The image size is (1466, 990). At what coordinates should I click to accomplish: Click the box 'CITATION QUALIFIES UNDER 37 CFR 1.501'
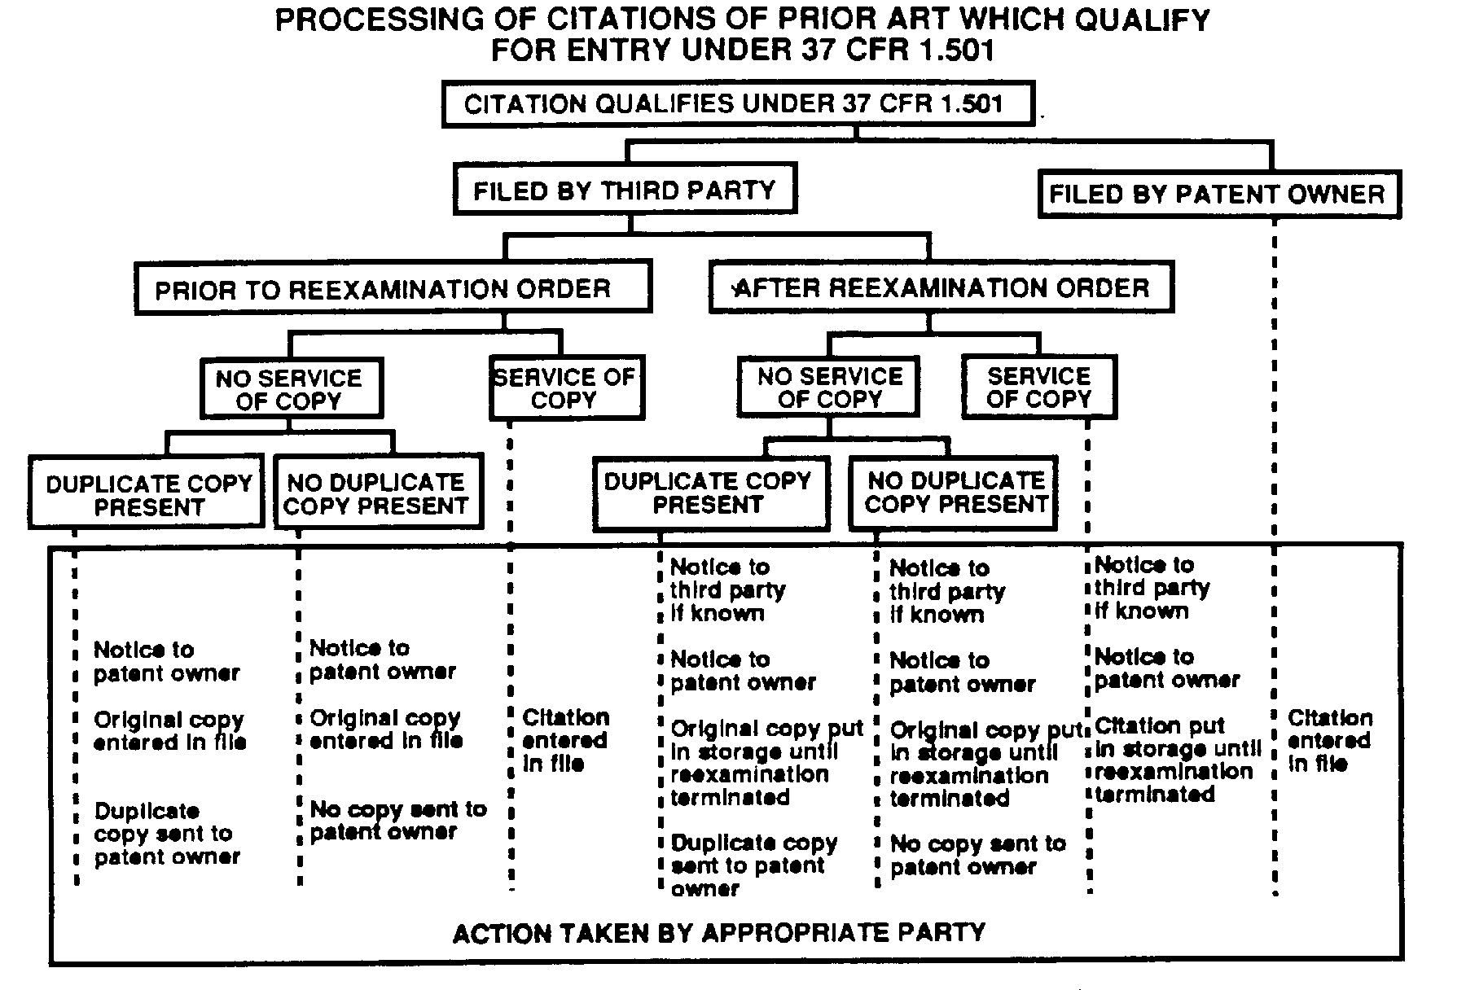[737, 104]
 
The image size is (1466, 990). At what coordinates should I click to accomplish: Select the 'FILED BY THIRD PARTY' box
[624, 190]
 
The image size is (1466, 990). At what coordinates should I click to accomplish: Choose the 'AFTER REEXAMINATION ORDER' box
[941, 287]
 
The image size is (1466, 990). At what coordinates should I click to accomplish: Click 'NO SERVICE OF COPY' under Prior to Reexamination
[290, 389]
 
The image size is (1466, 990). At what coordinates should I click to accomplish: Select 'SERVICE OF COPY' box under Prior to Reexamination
[565, 388]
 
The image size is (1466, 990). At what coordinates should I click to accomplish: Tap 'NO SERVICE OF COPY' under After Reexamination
[828, 388]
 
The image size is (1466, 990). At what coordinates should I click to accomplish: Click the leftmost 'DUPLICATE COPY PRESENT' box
[147, 494]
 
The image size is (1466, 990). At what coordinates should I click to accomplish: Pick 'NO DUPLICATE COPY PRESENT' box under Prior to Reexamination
[377, 493]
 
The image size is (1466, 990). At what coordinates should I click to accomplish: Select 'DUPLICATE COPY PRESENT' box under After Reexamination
[709, 493]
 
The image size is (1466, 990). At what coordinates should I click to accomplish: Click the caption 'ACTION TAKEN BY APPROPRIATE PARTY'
[719, 932]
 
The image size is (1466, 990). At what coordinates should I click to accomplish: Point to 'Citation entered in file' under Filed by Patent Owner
[1328, 740]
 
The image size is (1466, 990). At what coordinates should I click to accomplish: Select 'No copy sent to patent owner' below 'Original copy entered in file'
[397, 820]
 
